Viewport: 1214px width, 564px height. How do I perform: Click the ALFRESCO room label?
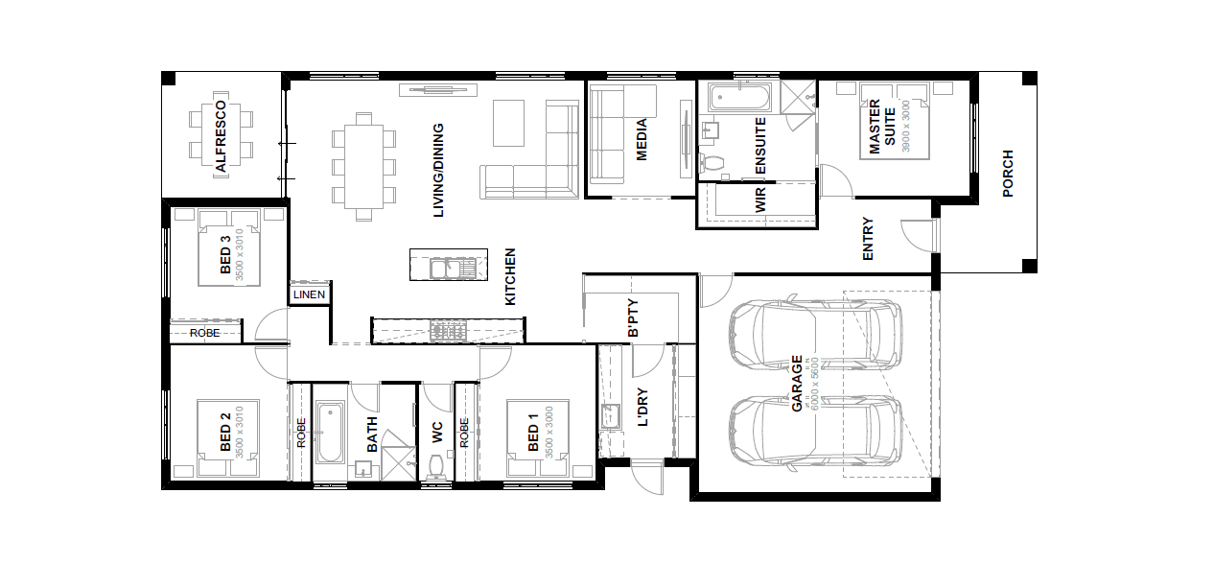pos(221,136)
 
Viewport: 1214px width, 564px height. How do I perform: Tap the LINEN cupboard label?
pos(309,294)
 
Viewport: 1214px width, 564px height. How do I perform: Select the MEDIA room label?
pos(642,140)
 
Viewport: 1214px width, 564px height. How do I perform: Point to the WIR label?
pos(760,200)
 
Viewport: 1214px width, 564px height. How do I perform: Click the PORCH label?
pos(1008,174)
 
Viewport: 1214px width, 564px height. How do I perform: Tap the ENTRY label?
pos(868,239)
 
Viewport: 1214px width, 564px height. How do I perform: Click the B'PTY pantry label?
pos(633,317)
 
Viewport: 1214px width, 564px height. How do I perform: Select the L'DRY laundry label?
pos(642,407)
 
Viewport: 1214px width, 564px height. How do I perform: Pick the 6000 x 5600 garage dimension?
pos(812,384)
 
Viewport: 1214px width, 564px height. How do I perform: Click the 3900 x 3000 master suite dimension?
pos(905,127)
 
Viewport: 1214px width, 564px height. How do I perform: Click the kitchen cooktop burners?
pos(448,330)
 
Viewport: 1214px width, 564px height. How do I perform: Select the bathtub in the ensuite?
pos(739,98)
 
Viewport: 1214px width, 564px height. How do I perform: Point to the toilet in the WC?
pos(437,467)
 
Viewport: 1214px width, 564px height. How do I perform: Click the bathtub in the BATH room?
pos(330,432)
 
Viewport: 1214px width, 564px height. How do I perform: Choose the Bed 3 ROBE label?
pos(205,333)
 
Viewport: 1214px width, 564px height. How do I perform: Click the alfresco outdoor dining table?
pos(221,134)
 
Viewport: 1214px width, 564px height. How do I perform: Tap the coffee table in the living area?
pos(508,123)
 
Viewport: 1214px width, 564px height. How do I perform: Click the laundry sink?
pos(611,416)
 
